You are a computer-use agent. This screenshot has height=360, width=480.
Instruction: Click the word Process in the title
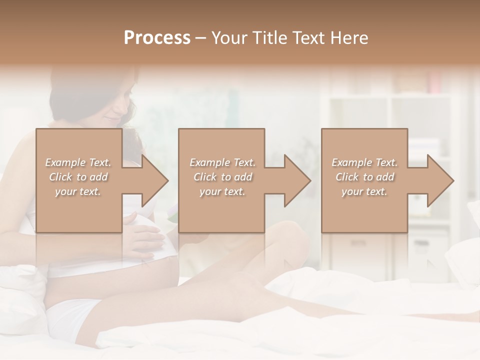pos(157,38)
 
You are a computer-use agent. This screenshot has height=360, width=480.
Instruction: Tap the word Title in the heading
pos(270,38)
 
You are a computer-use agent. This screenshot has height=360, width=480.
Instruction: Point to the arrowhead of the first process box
pos(156,180)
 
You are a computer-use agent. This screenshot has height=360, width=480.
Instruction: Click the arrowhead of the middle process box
pos(298,180)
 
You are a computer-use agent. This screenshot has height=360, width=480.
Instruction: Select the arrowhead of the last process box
pos(441,180)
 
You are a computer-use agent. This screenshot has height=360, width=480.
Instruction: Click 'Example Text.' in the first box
pos(78,162)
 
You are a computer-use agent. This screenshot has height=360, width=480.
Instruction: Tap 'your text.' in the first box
pos(78,191)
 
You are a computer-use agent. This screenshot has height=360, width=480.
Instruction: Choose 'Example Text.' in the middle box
pos(222,162)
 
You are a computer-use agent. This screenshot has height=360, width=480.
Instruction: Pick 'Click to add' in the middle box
pos(222,177)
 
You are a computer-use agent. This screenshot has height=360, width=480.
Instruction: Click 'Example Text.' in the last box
pos(364,162)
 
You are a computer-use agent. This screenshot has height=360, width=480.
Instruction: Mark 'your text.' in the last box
pos(364,191)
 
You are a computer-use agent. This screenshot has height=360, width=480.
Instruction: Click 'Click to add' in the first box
pos(78,177)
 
